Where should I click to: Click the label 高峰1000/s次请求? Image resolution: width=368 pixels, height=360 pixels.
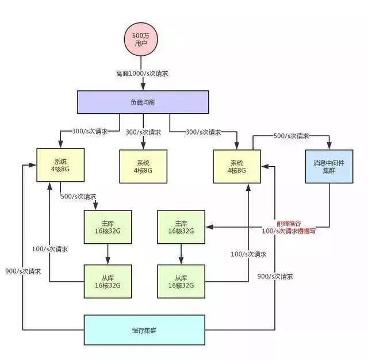[x=141, y=74]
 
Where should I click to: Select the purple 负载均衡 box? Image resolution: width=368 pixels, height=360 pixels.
[x=142, y=102]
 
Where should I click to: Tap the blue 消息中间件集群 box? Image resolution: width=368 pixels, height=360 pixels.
[x=328, y=166]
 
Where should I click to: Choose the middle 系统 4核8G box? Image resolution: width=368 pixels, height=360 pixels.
[x=143, y=167]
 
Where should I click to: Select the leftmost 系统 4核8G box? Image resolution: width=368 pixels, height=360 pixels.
[x=60, y=166]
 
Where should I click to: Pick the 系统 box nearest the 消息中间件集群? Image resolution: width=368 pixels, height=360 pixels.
[x=236, y=167]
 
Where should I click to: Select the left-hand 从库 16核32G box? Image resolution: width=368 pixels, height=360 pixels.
[x=108, y=281]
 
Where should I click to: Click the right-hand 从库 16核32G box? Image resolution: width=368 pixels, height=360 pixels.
[x=181, y=281]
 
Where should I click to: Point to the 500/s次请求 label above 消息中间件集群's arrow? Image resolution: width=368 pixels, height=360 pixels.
[x=291, y=136]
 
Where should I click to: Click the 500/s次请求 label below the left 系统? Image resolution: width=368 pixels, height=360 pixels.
[x=79, y=196]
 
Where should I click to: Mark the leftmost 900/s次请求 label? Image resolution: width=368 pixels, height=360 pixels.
[x=24, y=271]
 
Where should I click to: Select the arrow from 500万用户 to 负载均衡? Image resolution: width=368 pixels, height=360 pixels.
[x=141, y=83]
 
